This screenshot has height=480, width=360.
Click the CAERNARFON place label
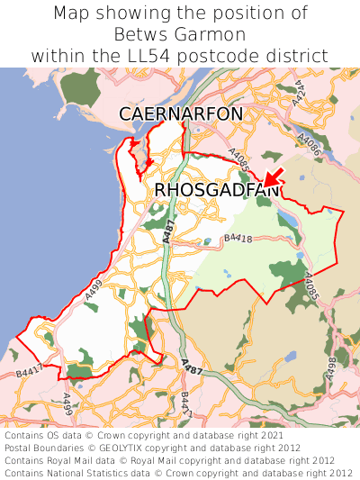coord(181,113)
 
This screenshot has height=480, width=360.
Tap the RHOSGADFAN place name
coord(217,190)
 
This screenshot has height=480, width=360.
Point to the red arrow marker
coord(272,177)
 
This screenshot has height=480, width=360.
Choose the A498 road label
coord(331,368)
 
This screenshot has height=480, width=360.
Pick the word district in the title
coord(299,56)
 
